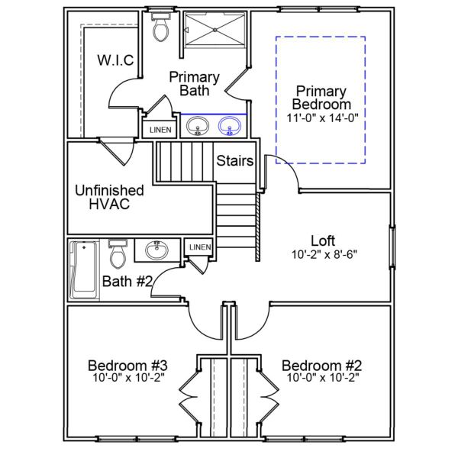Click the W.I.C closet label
click(x=115, y=60)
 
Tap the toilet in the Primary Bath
click(x=160, y=27)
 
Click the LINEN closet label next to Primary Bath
click(x=160, y=130)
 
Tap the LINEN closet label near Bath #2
click(x=199, y=247)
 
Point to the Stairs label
click(x=234, y=161)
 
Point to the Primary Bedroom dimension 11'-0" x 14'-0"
click(x=322, y=118)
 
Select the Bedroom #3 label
click(x=127, y=364)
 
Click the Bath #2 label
click(x=127, y=281)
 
